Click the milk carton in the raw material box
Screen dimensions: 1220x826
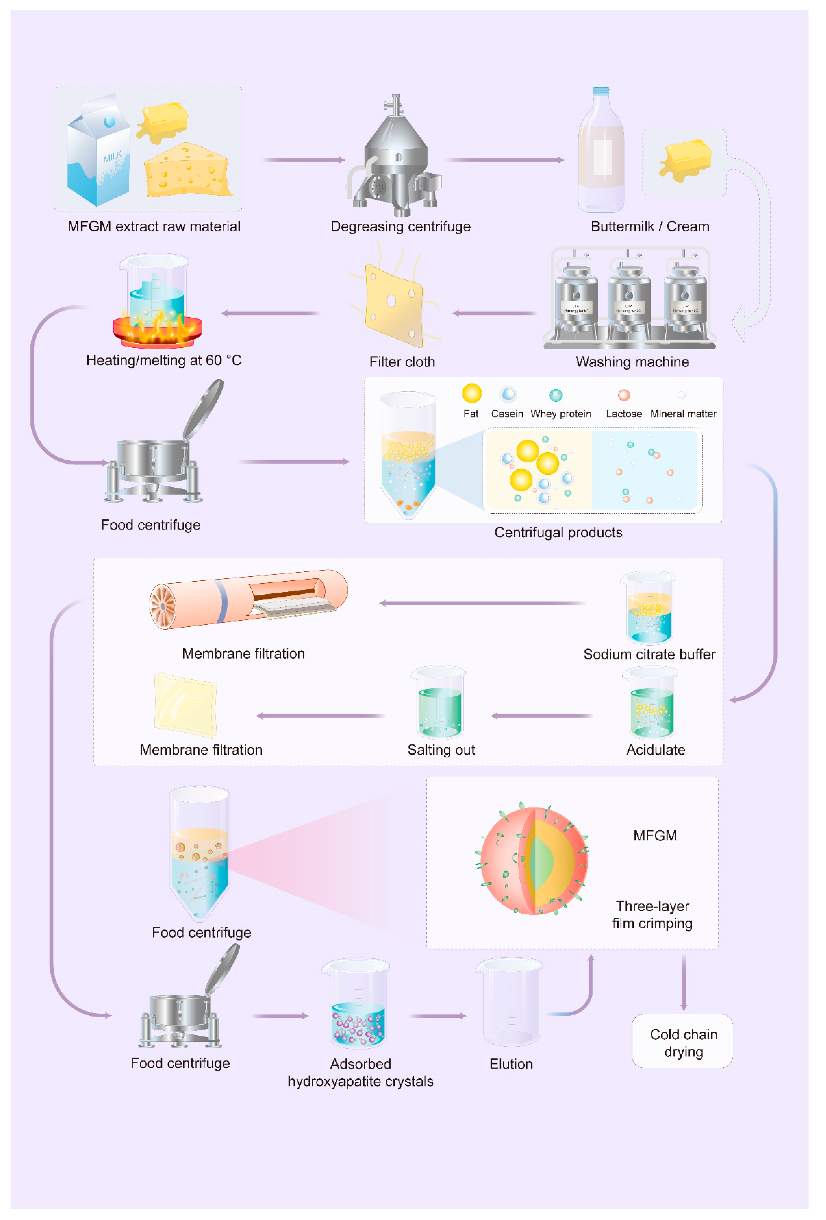click(x=99, y=155)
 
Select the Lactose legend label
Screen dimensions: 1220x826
click(x=623, y=414)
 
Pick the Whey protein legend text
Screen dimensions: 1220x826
click(x=560, y=414)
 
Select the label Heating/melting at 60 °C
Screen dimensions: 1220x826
click(x=164, y=360)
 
